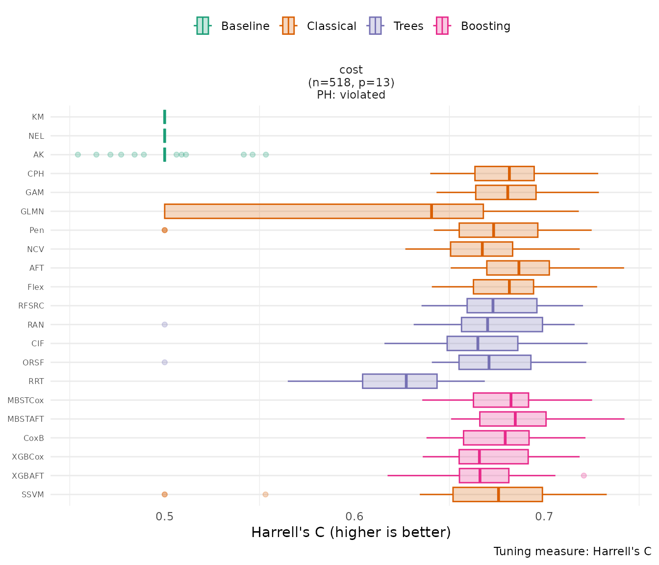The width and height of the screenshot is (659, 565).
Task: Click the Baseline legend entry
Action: point(233,26)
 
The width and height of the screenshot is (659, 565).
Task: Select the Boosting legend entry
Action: point(473,26)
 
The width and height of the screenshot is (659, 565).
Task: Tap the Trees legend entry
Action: point(396,26)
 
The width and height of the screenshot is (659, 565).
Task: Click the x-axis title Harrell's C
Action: point(351,532)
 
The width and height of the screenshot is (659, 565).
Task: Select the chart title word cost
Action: point(351,70)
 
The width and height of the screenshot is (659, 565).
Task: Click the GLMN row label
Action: point(32,211)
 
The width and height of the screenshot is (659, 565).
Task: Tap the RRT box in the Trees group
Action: point(400,381)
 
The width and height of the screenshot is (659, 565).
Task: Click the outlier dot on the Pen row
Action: point(165,230)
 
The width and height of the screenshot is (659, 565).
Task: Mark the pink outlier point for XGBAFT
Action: point(583,476)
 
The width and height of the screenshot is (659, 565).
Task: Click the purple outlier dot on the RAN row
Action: point(165,325)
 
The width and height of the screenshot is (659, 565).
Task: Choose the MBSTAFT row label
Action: point(25,419)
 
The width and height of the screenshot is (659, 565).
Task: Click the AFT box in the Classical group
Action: point(518,268)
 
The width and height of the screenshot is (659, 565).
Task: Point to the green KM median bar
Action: point(165,117)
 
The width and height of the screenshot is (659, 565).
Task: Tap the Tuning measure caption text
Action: point(572,551)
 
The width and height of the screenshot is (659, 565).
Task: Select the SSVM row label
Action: point(33,494)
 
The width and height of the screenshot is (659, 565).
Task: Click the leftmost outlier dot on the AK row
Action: point(78,155)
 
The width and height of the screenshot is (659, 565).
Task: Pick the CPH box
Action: point(504,174)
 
